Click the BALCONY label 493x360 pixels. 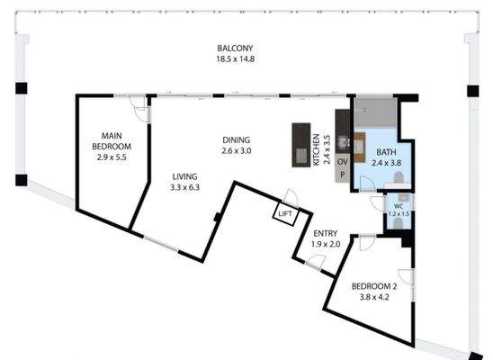tap(235, 48)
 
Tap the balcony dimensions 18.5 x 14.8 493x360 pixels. tap(235, 59)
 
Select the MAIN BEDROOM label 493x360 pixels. tap(113, 140)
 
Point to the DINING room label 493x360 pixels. tap(237, 139)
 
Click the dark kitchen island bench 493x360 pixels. tap(299, 144)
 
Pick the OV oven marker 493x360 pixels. tap(342, 162)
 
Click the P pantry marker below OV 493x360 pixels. tap(342, 175)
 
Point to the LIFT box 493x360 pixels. tap(285, 213)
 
